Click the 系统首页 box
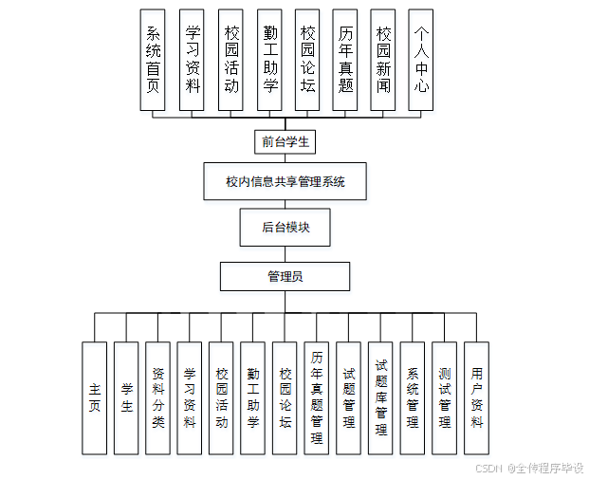[x=153, y=61]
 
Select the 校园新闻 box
[x=383, y=61]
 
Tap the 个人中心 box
[x=422, y=61]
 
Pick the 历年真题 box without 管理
[x=345, y=61]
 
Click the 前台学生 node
[x=285, y=142]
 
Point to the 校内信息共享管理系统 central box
[x=285, y=181]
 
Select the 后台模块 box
[x=285, y=228]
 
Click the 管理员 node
[x=285, y=277]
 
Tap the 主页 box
[x=94, y=398]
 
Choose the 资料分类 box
[x=157, y=398]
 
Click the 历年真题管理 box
[x=317, y=398]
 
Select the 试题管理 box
[x=349, y=398]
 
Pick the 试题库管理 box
[x=380, y=398]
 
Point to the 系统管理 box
[x=413, y=398]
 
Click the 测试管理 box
[x=444, y=398]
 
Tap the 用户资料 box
[x=476, y=398]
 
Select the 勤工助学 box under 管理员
[x=253, y=398]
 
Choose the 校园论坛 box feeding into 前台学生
[x=306, y=61]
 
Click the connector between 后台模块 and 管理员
[x=285, y=254]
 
